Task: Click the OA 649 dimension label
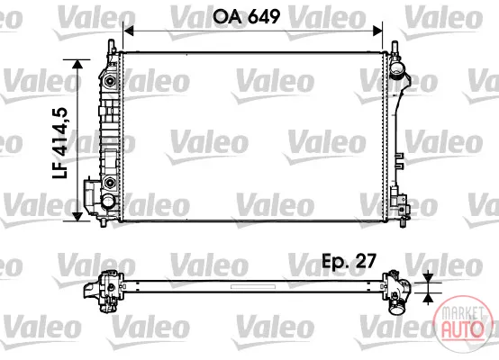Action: (x=246, y=16)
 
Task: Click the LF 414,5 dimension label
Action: (x=60, y=143)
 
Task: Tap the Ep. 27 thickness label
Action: (x=349, y=262)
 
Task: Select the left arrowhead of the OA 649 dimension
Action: (x=128, y=31)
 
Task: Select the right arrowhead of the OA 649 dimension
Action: (x=377, y=31)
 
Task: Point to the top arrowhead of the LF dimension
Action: (x=77, y=64)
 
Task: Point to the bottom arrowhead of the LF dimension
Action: (x=77, y=217)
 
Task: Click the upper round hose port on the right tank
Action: (x=396, y=68)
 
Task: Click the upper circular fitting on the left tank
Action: (x=110, y=80)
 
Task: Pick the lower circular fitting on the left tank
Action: (x=110, y=183)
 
